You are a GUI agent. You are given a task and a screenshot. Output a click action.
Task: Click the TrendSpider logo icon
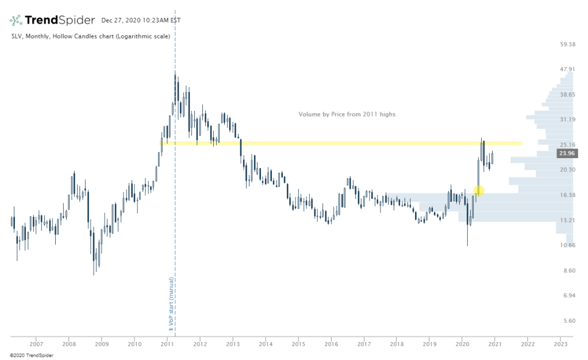16,21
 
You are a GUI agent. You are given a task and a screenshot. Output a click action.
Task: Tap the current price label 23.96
566,154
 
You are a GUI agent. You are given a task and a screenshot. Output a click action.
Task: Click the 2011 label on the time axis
167,344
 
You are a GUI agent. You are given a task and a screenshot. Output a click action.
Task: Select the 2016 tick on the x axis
331,344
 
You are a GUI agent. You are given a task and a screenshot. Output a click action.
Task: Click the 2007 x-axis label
36,344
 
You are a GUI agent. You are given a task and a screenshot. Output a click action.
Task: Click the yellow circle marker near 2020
479,190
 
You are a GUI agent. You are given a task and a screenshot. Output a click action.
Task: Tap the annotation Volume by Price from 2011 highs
347,114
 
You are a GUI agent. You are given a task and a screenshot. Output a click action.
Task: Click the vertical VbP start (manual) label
171,305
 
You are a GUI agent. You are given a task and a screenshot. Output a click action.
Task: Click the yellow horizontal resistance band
345,143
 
